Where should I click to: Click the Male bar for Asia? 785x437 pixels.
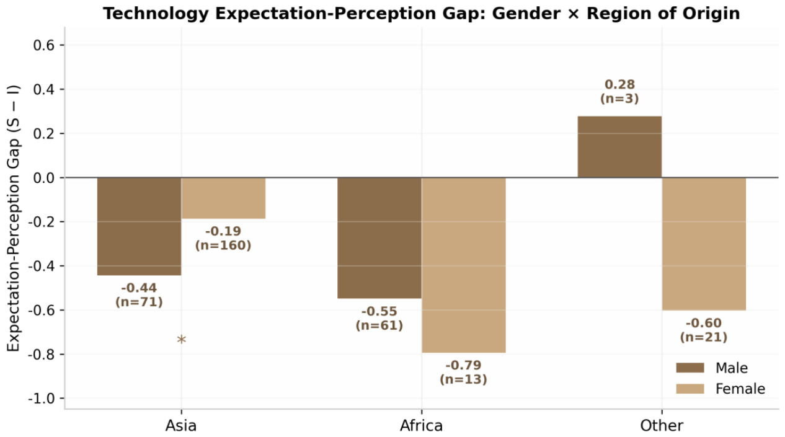139,226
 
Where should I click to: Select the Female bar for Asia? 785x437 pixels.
223,198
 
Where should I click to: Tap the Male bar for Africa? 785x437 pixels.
379,238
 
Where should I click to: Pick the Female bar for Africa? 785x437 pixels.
464,265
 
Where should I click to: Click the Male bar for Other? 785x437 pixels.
619,147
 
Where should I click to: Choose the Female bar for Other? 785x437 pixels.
704,244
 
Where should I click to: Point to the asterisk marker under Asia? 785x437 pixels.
182,339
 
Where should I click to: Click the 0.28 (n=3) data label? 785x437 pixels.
619,92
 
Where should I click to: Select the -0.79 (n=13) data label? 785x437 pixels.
464,372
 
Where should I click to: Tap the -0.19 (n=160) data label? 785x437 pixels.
223,238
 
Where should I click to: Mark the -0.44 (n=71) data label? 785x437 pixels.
139,295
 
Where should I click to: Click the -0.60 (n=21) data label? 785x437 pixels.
704,330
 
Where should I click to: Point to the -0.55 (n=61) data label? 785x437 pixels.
379,319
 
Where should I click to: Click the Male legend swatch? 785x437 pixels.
690,368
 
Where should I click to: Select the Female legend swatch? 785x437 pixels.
690,389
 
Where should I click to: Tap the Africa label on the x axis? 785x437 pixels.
421,426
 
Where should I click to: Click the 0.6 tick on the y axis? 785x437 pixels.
44,45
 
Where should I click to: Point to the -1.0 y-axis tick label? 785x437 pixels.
42,399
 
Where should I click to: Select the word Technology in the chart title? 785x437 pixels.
156,14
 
